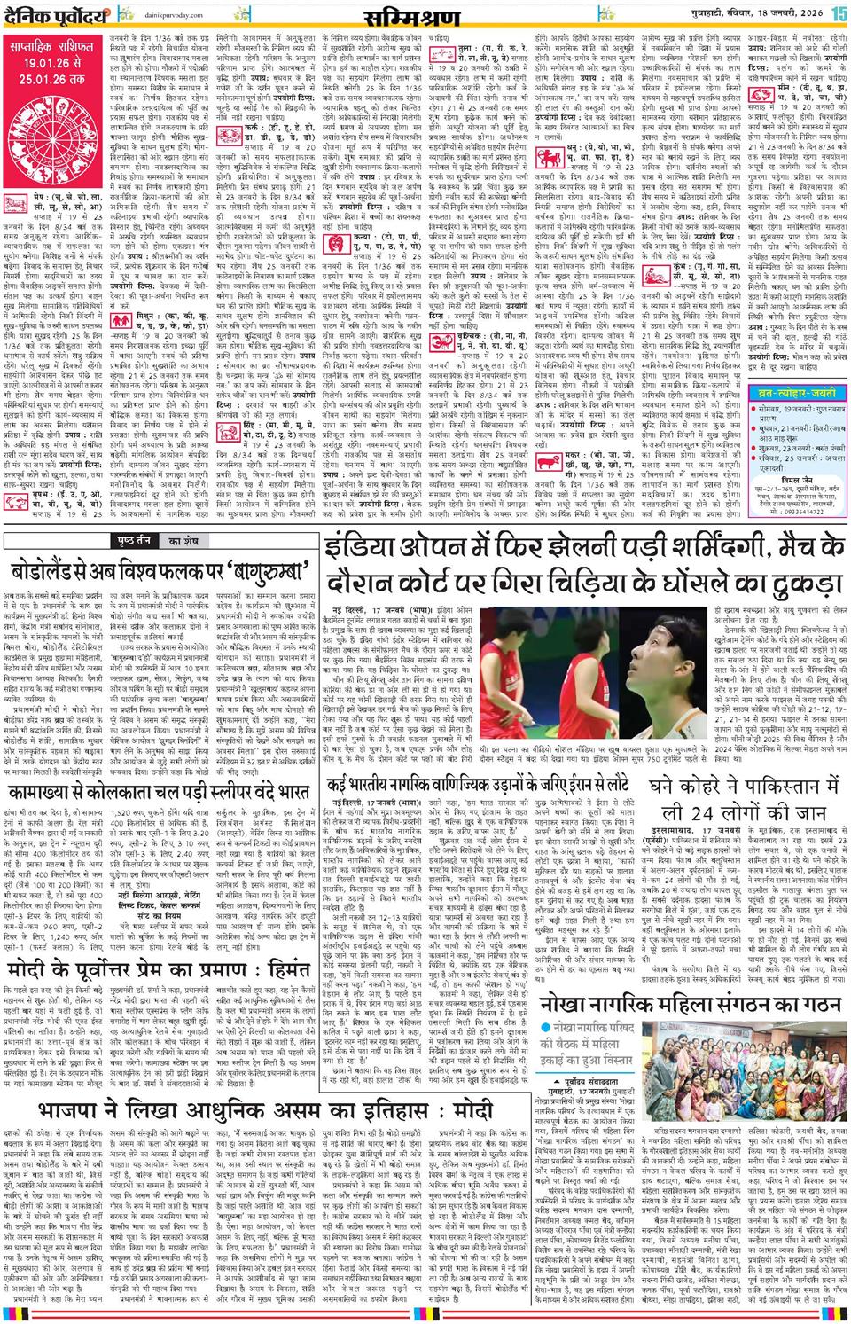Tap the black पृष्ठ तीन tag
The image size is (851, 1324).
(x=130, y=540)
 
